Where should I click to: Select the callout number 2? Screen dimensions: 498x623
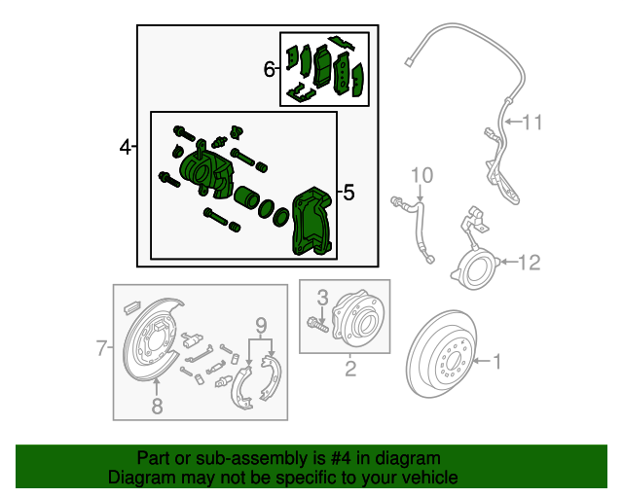(350, 368)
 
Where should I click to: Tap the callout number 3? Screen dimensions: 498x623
(323, 297)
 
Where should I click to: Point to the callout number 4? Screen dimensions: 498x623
(125, 148)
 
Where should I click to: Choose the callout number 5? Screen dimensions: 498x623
(348, 194)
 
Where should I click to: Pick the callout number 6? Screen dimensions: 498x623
(269, 69)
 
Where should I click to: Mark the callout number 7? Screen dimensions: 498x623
(101, 347)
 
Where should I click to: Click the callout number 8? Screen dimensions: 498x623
(158, 406)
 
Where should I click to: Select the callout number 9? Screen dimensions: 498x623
(260, 324)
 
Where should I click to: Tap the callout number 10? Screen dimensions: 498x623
(420, 175)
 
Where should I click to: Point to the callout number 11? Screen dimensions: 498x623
(531, 123)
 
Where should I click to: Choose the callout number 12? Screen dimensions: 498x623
(528, 262)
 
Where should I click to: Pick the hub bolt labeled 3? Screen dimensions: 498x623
(316, 323)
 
